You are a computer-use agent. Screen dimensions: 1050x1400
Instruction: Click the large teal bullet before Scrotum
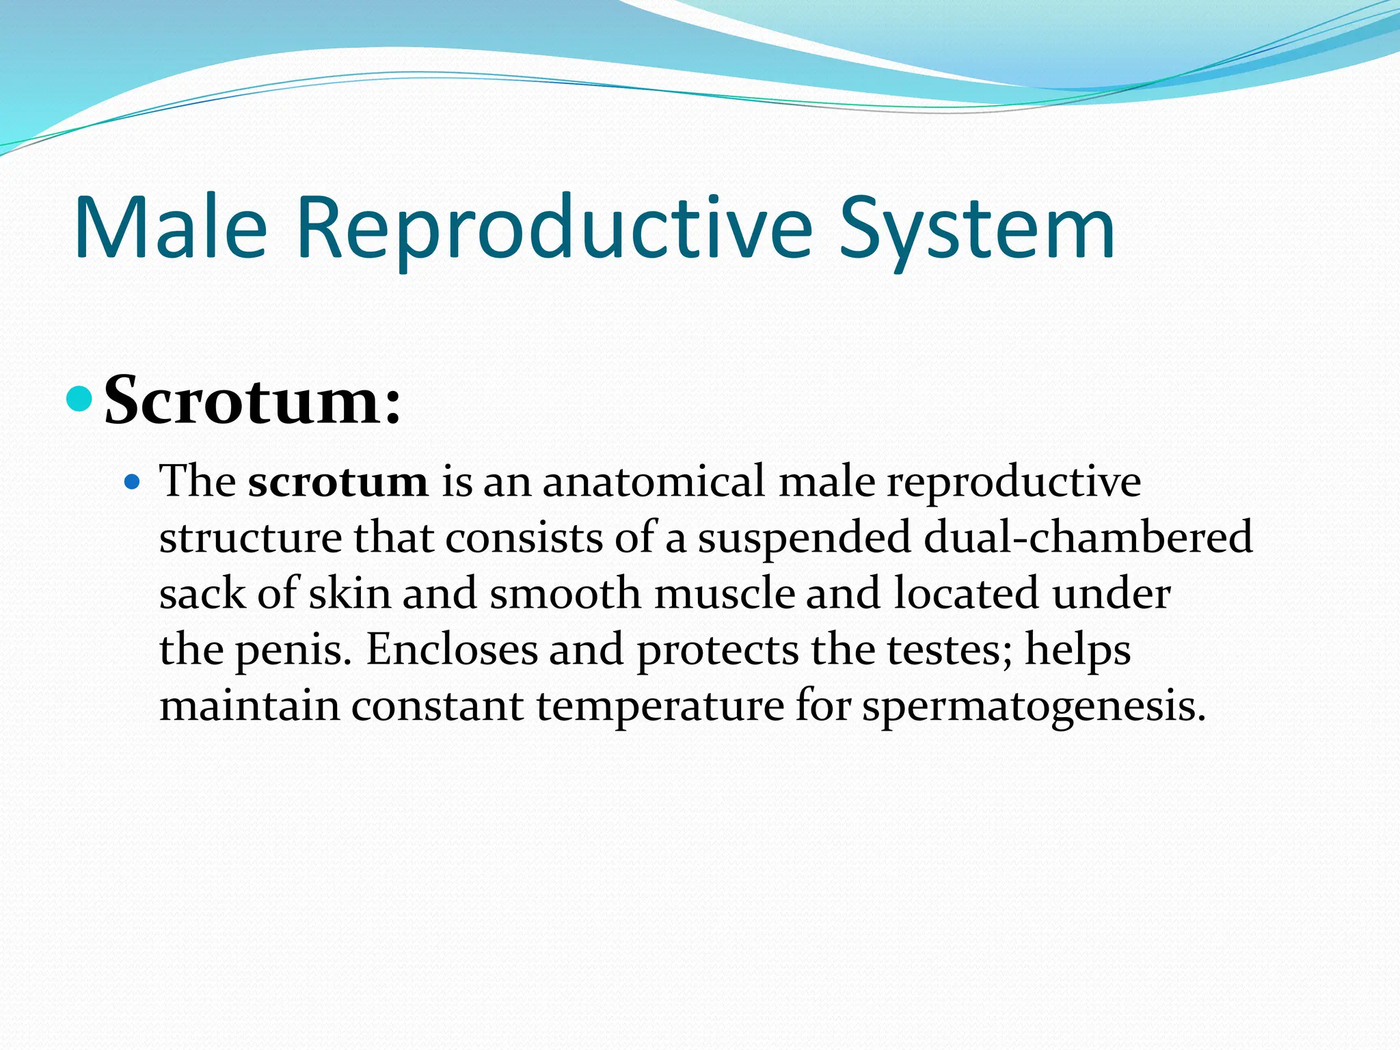[80, 399]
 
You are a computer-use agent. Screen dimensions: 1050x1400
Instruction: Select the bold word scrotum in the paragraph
[338, 481]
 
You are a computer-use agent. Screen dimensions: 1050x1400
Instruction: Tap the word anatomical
[654, 481]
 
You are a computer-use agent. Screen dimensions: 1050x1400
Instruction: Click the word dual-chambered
[1088, 537]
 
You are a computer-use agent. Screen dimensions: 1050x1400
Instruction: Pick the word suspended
[804, 537]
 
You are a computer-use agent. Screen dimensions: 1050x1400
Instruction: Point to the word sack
[202, 593]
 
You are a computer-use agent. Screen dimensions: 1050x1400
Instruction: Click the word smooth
[565, 593]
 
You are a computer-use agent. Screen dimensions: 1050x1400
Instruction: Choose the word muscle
[725, 593]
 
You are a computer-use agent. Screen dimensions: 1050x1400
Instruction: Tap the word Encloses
[452, 649]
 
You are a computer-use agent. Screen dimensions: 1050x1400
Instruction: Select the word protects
[718, 649]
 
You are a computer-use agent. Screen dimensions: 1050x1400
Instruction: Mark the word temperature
[660, 705]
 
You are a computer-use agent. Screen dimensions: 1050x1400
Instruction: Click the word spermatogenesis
[1033, 705]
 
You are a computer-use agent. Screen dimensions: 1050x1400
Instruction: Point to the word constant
[437, 705]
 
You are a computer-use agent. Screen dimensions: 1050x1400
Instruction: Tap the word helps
[1077, 649]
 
